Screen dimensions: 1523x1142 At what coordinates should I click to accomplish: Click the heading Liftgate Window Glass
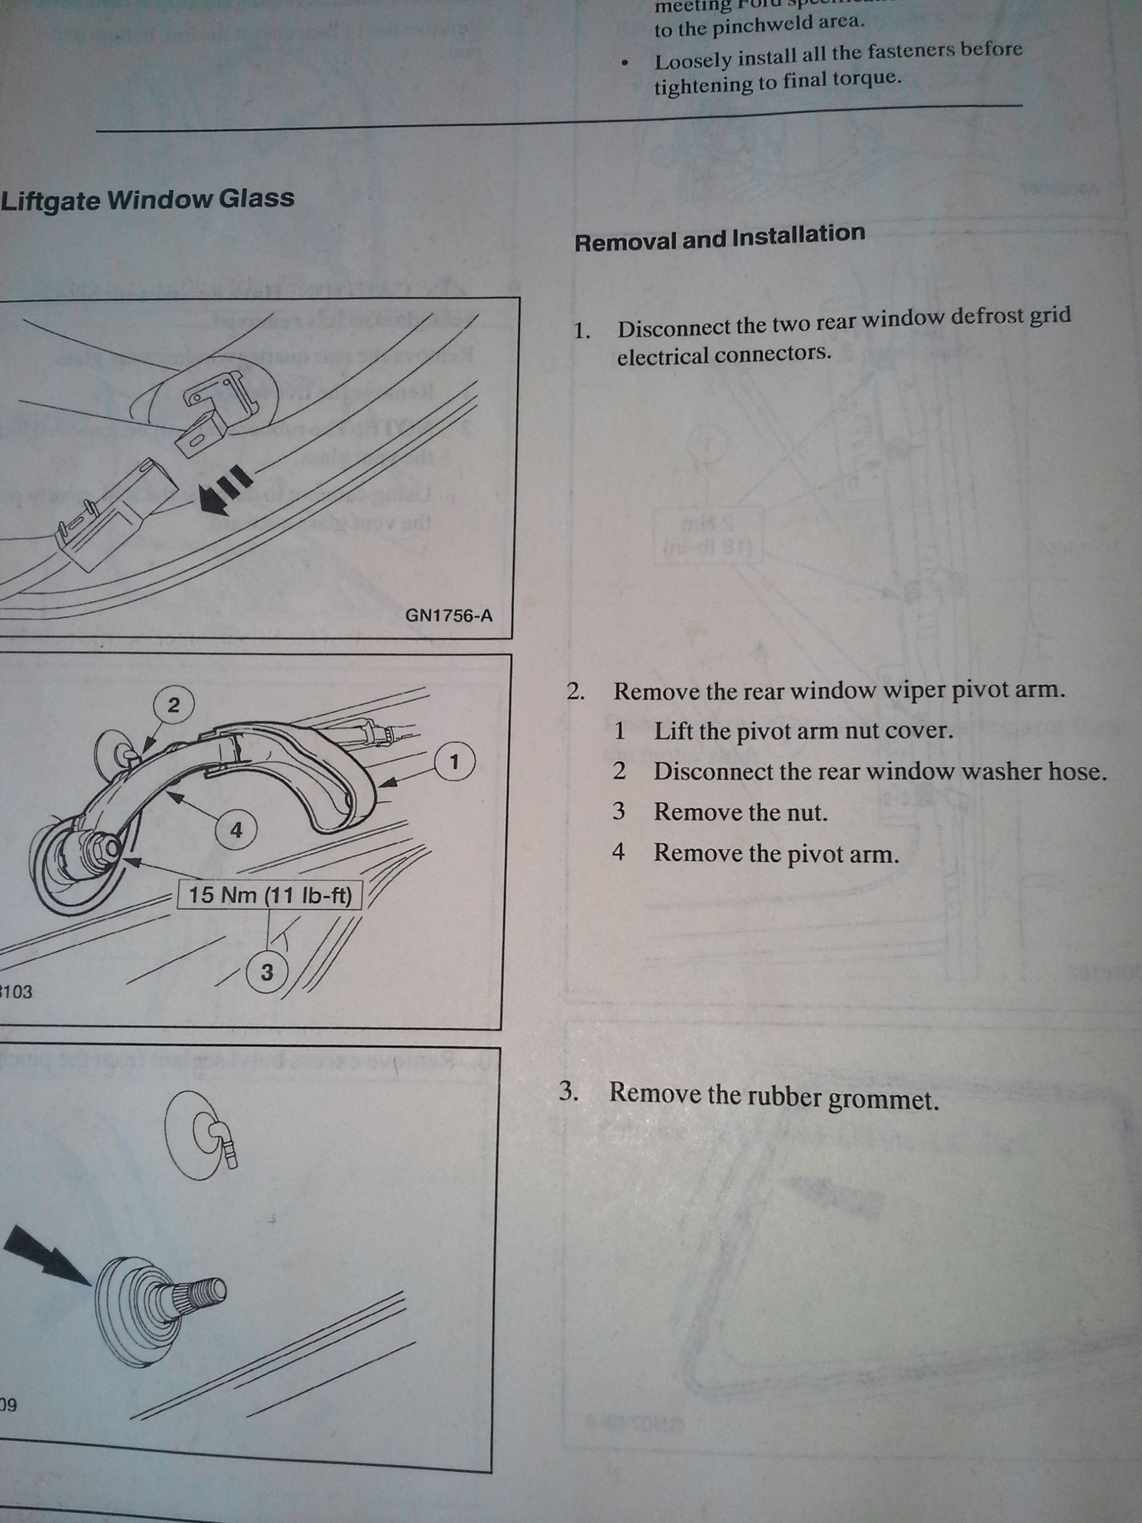pyautogui.click(x=148, y=200)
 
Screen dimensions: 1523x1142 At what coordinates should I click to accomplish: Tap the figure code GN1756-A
pyautogui.click(x=448, y=615)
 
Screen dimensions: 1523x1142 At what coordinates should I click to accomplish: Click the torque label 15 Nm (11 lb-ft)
pyautogui.click(x=270, y=894)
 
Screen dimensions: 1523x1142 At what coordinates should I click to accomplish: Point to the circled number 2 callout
pyautogui.click(x=174, y=704)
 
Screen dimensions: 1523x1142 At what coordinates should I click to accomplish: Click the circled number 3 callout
pyautogui.click(x=266, y=972)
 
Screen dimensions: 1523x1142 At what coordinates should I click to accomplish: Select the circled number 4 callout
pyautogui.click(x=236, y=829)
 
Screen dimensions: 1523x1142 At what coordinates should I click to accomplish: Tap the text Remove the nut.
pyautogui.click(x=740, y=813)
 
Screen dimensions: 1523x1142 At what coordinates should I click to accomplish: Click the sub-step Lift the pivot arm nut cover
pyautogui.click(x=803, y=731)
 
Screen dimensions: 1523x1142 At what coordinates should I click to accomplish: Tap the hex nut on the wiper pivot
pyautogui.click(x=103, y=848)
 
